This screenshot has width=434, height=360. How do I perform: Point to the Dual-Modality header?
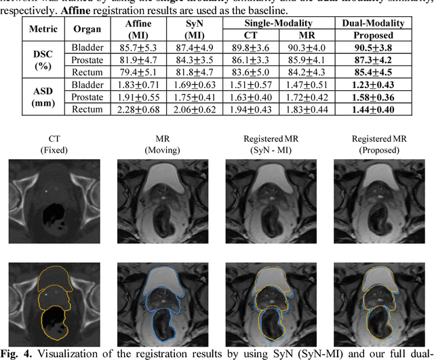coord(373,23)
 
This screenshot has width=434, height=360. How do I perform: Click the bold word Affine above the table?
coord(102,11)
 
